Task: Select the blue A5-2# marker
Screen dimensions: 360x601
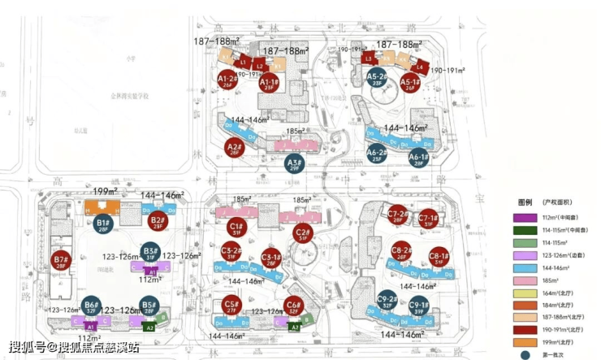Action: click(376, 79)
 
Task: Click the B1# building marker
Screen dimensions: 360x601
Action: click(102, 223)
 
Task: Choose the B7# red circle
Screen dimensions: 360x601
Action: click(60, 262)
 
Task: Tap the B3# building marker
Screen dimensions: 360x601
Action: click(149, 253)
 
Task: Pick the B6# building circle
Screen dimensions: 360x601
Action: click(92, 307)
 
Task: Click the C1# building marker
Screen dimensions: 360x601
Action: click(237, 229)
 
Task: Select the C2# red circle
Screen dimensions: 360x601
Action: click(302, 234)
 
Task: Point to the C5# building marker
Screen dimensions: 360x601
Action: click(230, 307)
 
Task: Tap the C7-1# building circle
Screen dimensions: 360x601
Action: click(429, 219)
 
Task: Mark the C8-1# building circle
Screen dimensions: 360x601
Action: click(439, 256)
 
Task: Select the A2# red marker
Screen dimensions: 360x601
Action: click(235, 149)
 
